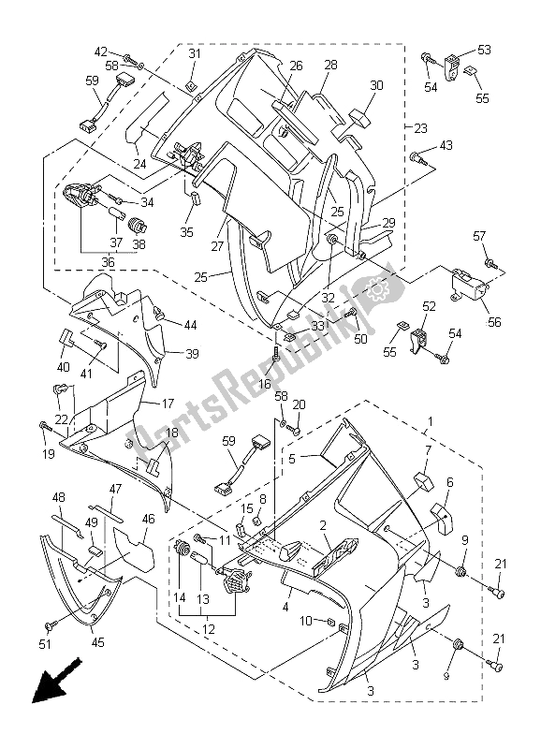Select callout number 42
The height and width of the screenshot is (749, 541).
(x=100, y=52)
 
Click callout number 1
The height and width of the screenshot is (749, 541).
(x=431, y=422)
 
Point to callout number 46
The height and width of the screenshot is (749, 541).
(x=148, y=519)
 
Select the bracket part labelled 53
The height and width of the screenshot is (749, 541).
(x=454, y=65)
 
